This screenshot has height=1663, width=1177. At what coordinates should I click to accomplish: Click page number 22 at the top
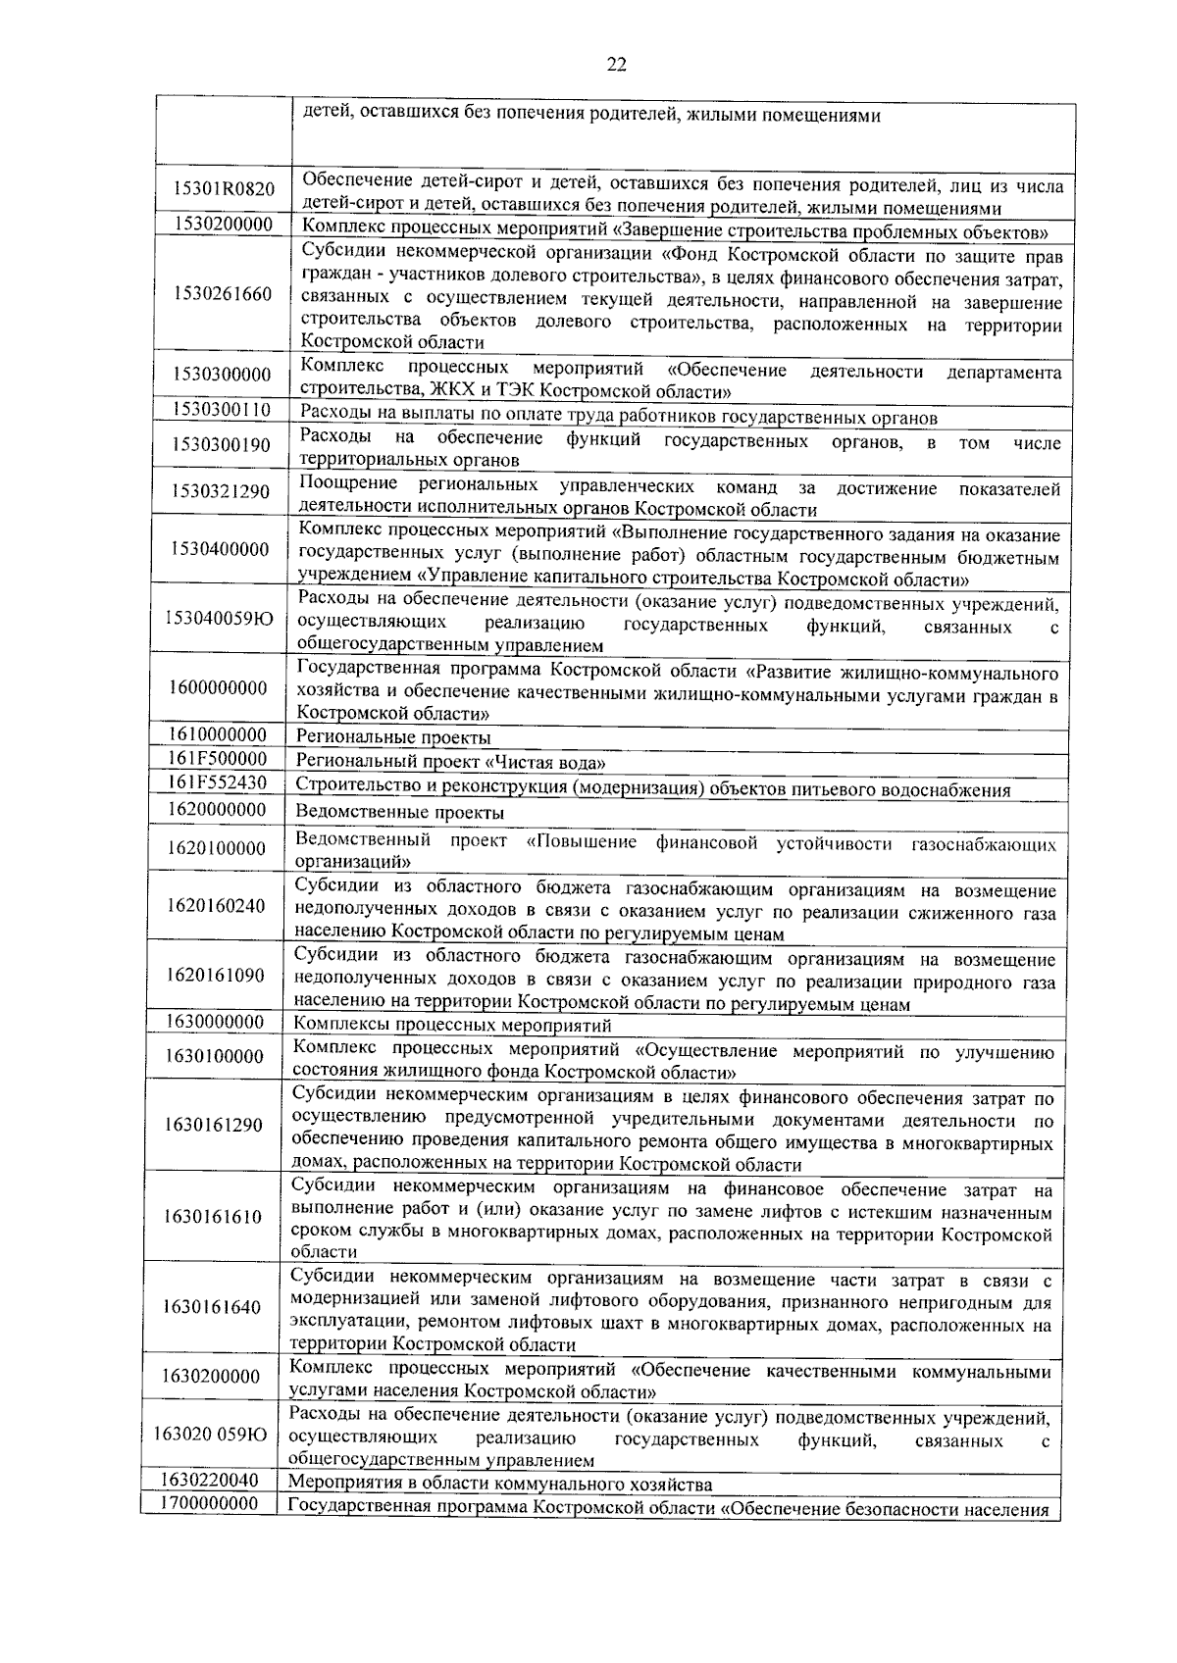(x=616, y=65)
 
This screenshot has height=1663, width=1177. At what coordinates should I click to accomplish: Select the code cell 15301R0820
(x=224, y=189)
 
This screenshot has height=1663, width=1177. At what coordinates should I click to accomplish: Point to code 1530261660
(x=222, y=293)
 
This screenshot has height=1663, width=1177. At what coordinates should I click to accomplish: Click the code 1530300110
(x=221, y=409)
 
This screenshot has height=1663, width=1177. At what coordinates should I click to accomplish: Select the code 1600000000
(x=218, y=688)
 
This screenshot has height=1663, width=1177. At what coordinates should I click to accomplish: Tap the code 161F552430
(x=217, y=782)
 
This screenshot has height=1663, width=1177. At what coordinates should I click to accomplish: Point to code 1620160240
(x=216, y=905)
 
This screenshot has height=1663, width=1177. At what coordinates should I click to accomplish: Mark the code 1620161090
(x=216, y=975)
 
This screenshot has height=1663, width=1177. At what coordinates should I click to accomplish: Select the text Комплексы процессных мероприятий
(x=452, y=1026)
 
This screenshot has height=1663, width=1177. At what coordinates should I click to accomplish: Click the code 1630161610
(x=214, y=1217)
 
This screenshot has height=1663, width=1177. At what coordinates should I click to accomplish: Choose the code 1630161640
(x=214, y=1307)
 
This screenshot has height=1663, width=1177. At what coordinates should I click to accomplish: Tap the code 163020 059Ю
(x=211, y=1434)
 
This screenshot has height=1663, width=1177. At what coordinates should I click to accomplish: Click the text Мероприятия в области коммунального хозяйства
(x=500, y=1485)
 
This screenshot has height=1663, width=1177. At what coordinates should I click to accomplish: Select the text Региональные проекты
(x=393, y=737)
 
